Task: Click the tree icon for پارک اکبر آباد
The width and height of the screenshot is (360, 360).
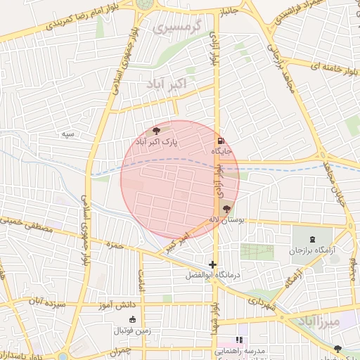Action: tap(156, 131)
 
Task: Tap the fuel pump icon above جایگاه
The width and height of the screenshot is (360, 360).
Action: tap(221, 140)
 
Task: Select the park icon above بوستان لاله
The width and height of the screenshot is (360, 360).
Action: tap(226, 209)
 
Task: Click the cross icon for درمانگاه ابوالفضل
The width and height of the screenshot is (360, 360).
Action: tap(213, 264)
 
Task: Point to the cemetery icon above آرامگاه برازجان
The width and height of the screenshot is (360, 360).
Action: tap(312, 240)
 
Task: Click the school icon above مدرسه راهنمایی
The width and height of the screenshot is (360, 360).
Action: tap(239, 340)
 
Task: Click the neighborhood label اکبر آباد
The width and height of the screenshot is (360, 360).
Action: tap(168, 84)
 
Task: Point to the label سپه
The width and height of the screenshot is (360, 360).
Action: tap(67, 133)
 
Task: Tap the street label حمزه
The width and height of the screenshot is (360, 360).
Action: tap(113, 245)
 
